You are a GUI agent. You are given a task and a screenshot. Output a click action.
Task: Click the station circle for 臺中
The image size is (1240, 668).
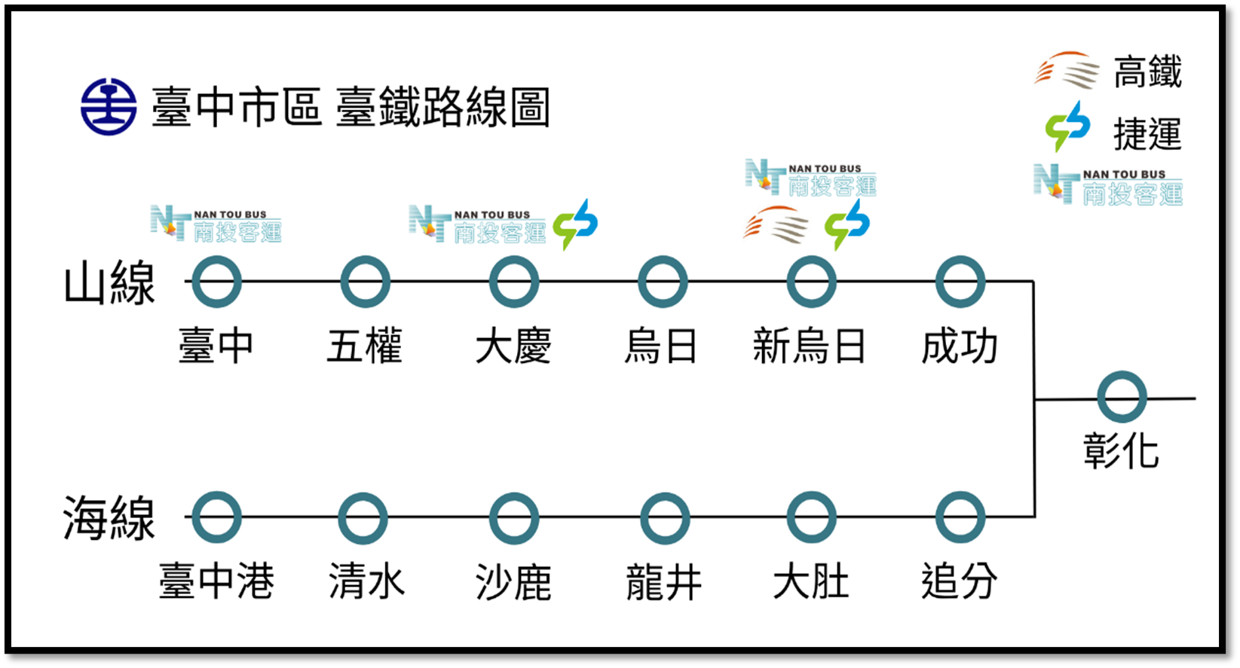click(216, 282)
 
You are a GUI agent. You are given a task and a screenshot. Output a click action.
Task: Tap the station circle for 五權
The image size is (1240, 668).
click(365, 282)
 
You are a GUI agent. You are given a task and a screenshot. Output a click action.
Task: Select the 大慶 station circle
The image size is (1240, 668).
click(513, 282)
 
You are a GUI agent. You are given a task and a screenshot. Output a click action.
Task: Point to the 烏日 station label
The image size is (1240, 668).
click(661, 347)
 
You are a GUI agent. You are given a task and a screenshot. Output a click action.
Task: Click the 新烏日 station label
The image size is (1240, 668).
click(809, 347)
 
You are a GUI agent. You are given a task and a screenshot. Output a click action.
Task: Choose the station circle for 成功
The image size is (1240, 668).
click(960, 282)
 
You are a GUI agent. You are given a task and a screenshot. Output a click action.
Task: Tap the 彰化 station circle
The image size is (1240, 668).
click(1122, 397)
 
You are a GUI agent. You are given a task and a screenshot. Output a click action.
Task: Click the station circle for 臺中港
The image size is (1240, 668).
click(216, 517)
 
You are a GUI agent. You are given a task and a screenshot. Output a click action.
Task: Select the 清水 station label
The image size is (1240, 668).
click(366, 582)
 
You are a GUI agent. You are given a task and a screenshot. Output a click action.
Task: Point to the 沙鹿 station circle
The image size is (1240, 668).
click(513, 517)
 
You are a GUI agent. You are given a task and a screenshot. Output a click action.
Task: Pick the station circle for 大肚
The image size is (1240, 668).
click(811, 517)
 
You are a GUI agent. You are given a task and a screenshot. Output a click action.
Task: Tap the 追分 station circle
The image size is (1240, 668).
click(960, 517)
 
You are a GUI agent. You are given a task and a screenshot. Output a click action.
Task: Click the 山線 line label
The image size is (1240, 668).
click(109, 283)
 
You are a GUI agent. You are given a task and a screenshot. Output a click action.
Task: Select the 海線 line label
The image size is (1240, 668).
click(109, 518)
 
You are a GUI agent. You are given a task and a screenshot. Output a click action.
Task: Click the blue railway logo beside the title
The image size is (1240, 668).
click(109, 107)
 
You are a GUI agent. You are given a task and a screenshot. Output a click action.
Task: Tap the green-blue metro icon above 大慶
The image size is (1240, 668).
click(575, 224)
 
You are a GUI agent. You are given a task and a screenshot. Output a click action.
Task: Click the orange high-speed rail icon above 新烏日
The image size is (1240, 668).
click(776, 224)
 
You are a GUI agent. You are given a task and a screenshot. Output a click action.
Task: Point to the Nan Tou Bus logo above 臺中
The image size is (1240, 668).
click(216, 224)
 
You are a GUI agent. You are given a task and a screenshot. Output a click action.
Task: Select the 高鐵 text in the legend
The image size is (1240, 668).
click(1147, 73)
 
